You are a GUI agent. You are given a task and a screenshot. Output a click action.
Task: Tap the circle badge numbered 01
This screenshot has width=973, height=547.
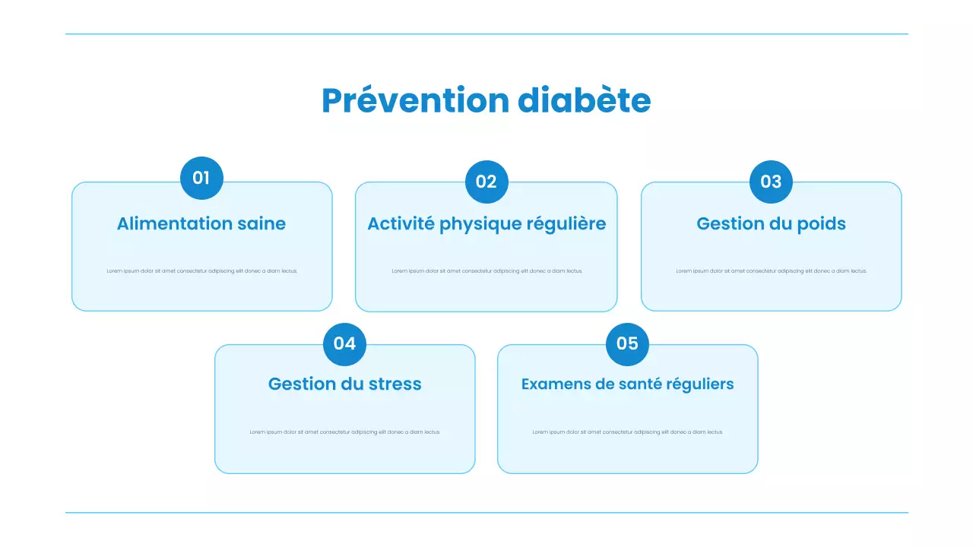pyautogui.click(x=201, y=178)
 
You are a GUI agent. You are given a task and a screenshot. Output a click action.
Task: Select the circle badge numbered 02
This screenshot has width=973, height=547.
pyautogui.click(x=486, y=182)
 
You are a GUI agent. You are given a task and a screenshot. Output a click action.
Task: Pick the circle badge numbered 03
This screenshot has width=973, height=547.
pyautogui.click(x=771, y=182)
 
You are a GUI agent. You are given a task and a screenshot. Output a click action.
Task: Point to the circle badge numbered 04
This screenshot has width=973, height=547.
pyautogui.click(x=344, y=343)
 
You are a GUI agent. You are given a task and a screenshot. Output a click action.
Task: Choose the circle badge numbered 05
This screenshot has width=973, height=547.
pyautogui.click(x=627, y=343)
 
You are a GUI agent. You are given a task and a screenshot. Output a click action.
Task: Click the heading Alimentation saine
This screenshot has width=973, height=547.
pyautogui.click(x=201, y=223)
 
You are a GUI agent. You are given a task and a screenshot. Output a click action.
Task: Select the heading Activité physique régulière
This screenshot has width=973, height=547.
pyautogui.click(x=486, y=223)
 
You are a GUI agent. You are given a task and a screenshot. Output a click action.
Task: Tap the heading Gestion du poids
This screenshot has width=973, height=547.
pyautogui.click(x=771, y=223)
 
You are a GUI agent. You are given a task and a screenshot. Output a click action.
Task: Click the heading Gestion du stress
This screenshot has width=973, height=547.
pyautogui.click(x=344, y=384)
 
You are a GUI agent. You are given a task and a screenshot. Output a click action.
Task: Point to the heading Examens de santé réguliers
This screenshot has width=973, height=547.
pyautogui.click(x=627, y=384)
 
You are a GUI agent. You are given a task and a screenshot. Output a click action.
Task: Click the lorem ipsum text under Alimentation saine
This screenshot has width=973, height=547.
pyautogui.click(x=201, y=271)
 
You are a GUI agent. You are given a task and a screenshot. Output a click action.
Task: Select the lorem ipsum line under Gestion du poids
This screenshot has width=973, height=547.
pyautogui.click(x=771, y=271)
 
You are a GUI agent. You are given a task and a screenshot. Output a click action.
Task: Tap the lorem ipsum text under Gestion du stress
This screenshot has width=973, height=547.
pyautogui.click(x=344, y=432)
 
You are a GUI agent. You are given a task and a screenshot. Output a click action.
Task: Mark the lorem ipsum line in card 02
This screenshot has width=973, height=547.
pyautogui.click(x=486, y=271)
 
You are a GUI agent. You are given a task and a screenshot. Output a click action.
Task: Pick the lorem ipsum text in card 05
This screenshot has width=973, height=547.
pyautogui.click(x=627, y=432)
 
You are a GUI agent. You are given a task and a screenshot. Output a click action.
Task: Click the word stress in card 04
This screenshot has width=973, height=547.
pyautogui.click(x=395, y=384)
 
